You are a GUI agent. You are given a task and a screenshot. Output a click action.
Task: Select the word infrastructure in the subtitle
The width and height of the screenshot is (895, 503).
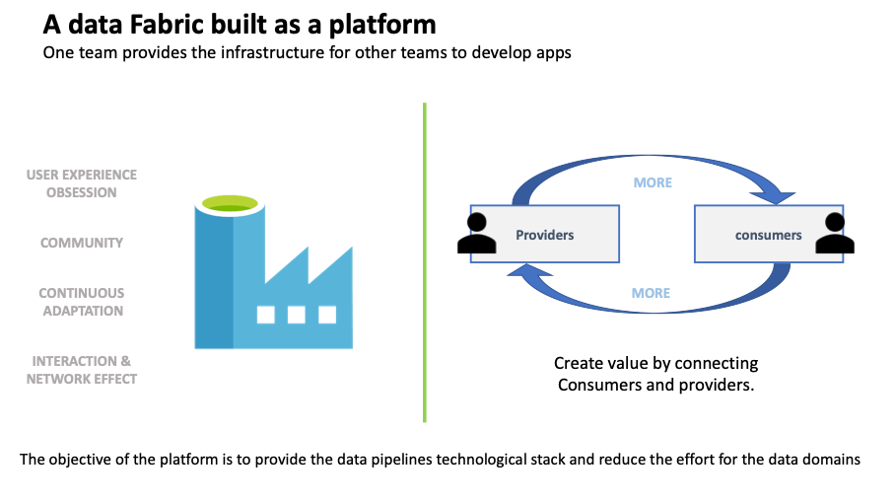273,52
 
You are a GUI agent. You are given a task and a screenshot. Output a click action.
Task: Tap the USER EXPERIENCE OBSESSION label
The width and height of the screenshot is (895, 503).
82,183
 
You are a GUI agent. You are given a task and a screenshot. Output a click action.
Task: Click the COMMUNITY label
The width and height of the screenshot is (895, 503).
82,243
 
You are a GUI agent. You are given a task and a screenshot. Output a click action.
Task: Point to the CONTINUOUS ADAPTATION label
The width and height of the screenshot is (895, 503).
82,302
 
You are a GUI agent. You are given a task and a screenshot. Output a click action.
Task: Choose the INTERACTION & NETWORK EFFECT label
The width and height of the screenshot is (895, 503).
82,370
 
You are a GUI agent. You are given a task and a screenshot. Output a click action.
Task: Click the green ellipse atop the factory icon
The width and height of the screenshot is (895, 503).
230,203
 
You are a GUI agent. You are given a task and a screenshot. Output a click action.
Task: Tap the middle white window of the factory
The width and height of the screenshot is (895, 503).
297,315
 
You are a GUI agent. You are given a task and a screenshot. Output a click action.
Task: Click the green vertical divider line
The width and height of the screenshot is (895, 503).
425,262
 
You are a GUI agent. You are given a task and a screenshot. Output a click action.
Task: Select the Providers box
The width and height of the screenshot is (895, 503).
544,234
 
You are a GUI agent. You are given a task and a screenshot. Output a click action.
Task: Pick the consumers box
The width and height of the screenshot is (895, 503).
768,234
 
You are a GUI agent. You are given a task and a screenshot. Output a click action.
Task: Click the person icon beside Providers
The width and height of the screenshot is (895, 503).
477,233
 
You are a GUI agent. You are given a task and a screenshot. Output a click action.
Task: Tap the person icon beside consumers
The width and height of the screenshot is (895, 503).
835,233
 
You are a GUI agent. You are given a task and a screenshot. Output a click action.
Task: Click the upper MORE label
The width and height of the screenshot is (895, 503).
653,182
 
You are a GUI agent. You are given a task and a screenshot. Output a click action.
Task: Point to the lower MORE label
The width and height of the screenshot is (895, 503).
651,293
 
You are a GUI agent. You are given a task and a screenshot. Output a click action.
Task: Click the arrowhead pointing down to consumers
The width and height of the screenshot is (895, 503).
774,197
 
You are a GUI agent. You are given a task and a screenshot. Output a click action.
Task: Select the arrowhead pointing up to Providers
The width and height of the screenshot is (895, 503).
529,270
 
